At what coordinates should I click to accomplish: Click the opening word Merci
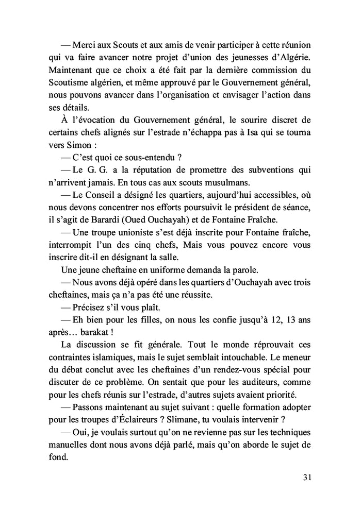[85, 45]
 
